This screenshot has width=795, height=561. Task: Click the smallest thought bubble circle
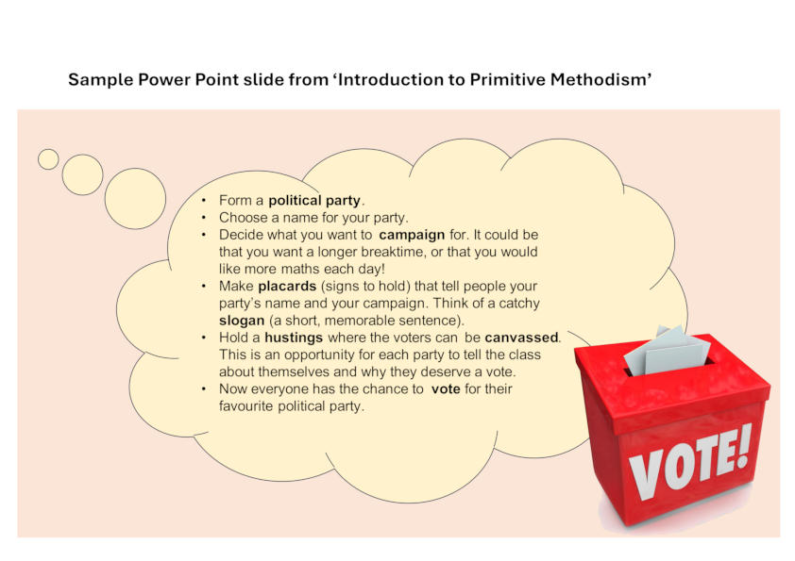click(x=48, y=159)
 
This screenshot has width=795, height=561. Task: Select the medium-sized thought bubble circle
click(x=82, y=174)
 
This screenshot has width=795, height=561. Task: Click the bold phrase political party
click(x=314, y=201)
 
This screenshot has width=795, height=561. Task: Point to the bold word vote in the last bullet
click(x=446, y=388)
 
